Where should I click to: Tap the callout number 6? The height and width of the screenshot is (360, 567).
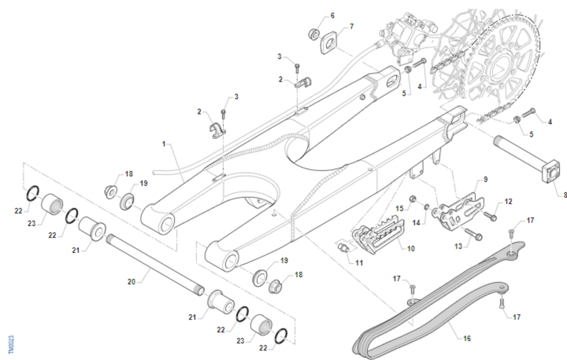(332, 16)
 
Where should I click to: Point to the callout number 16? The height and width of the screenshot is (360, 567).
(467, 338)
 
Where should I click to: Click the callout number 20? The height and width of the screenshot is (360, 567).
(131, 282)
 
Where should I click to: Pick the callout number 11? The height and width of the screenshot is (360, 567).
(359, 262)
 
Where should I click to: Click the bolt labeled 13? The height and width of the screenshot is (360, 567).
(472, 232)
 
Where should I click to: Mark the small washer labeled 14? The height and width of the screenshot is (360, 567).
(426, 206)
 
